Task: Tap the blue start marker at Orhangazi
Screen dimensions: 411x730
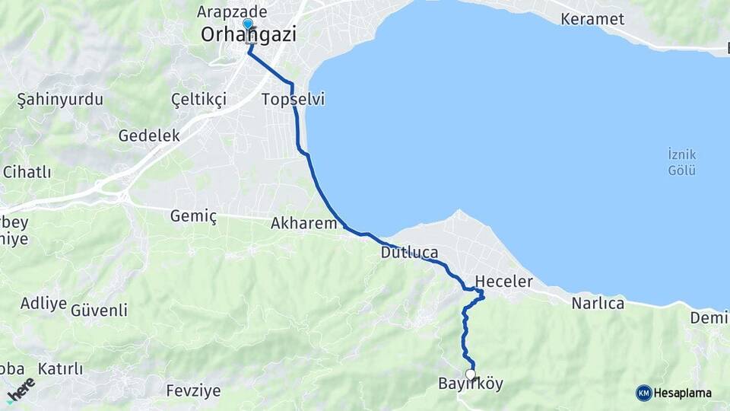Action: point(247,25)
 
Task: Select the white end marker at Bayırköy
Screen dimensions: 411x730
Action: point(471,374)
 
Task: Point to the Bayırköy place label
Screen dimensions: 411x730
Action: point(471,384)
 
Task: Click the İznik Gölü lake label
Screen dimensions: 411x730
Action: point(681,162)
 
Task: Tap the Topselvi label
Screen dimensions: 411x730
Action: point(293,100)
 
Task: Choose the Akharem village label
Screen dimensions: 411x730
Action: point(303,224)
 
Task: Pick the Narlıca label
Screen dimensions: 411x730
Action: point(598,304)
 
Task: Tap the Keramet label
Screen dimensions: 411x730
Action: point(592,19)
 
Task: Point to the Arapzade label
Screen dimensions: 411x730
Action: point(232,11)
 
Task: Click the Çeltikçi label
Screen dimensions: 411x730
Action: point(199,100)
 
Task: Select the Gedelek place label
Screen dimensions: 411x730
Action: point(149,135)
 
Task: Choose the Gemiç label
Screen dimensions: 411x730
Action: point(193,217)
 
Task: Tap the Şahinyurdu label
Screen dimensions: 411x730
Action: point(60,100)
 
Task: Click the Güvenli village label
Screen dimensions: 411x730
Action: point(99,310)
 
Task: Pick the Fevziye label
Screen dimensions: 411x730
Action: point(193,391)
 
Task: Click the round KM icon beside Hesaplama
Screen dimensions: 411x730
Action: point(644,393)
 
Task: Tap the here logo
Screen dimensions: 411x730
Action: point(21,390)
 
